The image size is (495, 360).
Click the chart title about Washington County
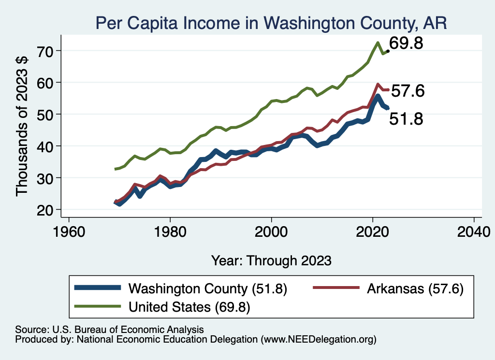271,23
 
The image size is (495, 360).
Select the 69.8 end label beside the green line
407,43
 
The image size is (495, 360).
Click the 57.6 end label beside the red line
408,91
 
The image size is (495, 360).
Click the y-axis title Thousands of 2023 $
22,127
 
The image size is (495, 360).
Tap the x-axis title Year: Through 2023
271,260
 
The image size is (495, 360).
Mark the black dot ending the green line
388,51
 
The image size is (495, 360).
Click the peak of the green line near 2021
377,43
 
